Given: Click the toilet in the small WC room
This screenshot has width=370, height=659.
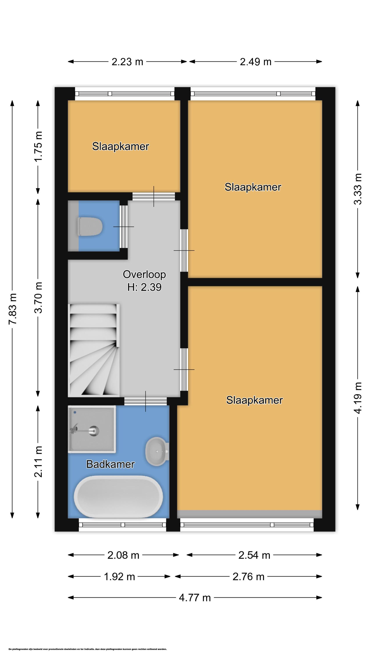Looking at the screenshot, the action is coord(90,226).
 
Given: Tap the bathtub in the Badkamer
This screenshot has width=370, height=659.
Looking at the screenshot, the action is coord(118,497).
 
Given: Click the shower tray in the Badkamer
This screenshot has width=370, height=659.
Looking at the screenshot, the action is coord(92,429).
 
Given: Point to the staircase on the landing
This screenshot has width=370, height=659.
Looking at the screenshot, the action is coord(94,350).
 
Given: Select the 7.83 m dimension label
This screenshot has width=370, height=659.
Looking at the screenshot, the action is coord(12,309).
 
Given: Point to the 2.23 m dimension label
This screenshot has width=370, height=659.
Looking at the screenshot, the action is coord(127,62).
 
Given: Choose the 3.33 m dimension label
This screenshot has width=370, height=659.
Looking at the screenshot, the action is coord(358,189).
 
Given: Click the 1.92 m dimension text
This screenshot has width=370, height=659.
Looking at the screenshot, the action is coord(119,577).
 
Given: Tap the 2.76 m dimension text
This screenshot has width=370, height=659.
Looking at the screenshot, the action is coord(248,577).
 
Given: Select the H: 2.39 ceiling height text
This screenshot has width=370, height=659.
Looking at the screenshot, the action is coord(144,287).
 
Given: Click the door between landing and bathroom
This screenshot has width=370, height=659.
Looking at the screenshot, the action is coord(146,401).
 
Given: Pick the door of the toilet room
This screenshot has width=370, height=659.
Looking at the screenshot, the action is coord(124,227).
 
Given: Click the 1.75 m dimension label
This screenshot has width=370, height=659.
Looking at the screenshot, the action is coord(38,146).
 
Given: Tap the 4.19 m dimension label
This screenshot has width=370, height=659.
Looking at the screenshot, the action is coord(358,398).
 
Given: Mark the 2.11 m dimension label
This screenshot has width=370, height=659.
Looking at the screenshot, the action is coord(38,462).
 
